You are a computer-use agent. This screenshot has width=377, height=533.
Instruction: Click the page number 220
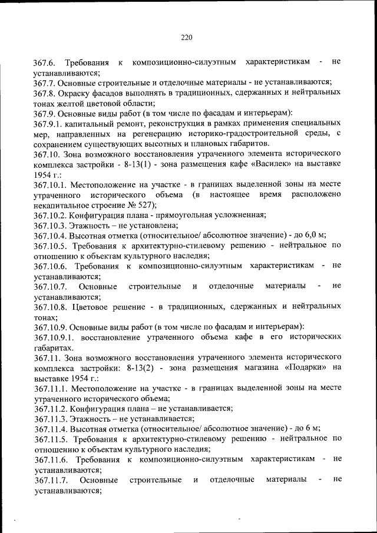point(187,37)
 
